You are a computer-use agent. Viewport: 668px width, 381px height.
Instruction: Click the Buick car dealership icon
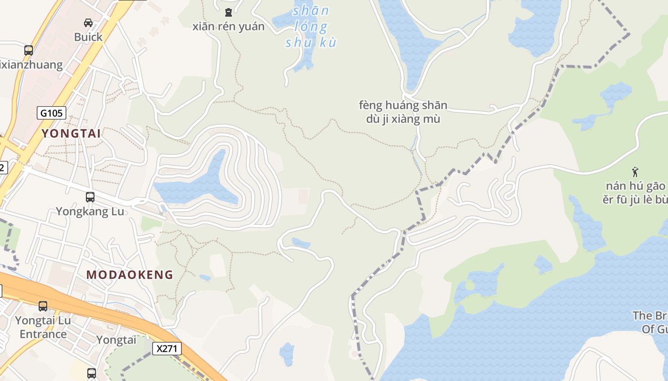point(88,22)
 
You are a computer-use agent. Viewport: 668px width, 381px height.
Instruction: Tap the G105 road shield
point(52,113)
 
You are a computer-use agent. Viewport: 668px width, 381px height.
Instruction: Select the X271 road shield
point(167,349)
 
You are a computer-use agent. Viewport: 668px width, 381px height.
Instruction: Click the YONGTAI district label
point(71,133)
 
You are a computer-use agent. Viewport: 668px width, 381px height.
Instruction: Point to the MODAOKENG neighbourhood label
point(130,275)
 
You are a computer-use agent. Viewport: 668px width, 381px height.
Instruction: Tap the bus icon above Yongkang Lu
point(90,197)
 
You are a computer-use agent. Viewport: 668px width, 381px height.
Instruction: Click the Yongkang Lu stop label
point(90,211)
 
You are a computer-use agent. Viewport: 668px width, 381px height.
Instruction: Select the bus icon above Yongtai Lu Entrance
point(43,306)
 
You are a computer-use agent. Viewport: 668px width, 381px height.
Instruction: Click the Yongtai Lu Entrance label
point(43,327)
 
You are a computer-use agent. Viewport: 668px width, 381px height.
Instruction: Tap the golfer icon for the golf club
point(635,171)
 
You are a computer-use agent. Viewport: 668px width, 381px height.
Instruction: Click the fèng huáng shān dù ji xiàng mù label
point(403,112)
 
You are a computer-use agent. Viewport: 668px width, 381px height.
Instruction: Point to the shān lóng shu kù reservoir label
point(311,27)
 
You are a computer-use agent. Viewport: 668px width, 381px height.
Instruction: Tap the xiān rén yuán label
point(228,27)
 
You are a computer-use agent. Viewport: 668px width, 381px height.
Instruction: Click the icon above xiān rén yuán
point(228,12)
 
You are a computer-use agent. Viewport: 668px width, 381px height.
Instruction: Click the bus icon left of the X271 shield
point(91,373)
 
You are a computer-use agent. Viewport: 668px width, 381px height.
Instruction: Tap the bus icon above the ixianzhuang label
point(29,50)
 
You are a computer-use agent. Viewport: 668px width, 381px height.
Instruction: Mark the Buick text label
point(88,37)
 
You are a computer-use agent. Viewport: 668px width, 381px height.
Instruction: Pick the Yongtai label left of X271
point(116,340)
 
